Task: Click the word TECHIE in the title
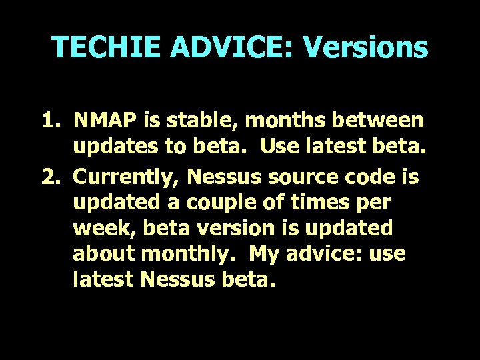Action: (x=107, y=47)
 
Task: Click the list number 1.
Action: (x=51, y=120)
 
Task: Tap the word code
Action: (x=378, y=177)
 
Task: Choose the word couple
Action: (x=218, y=203)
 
